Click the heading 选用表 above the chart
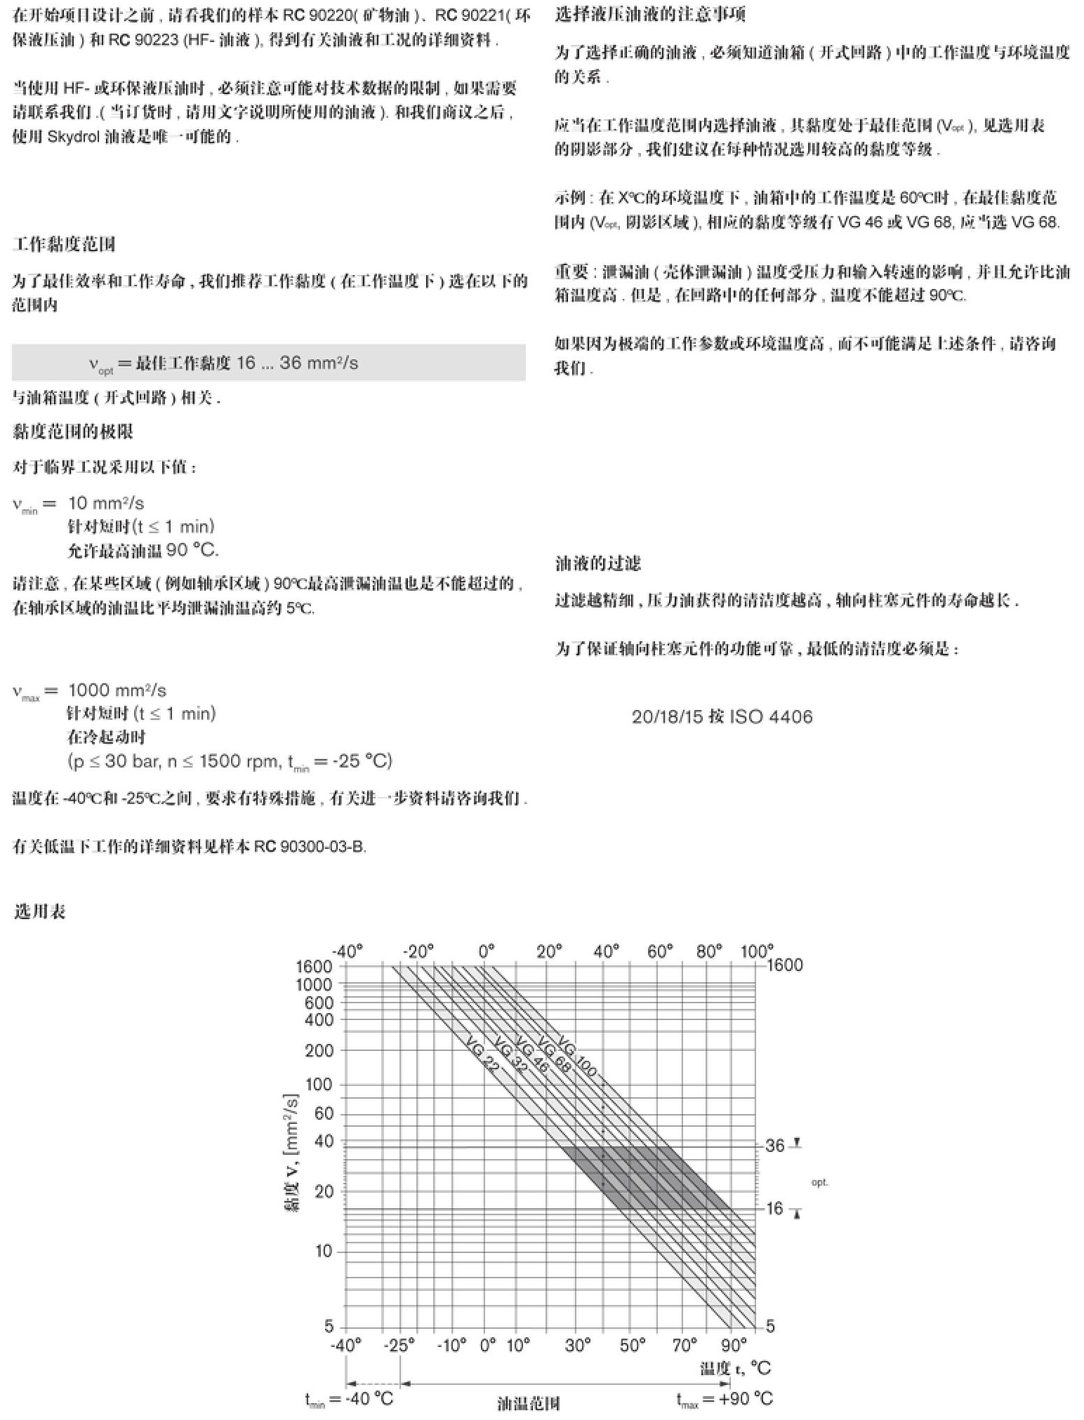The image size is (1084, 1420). pos(39,911)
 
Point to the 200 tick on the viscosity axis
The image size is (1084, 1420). pos(319,1050)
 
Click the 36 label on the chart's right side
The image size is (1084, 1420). pos(774,1146)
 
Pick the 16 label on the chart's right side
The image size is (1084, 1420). pos(774,1208)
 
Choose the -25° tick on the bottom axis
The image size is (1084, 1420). pos(399,1345)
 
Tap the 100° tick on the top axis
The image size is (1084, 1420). pos(757,951)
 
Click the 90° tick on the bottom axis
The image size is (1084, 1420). pos(734,1345)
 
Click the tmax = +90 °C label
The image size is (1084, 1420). pos(725,1399)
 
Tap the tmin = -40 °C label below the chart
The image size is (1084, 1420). pos(349,1399)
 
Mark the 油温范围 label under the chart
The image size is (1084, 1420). pos(528,1403)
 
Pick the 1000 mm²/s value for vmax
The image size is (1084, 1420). pos(117,690)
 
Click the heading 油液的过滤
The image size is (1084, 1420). pos(597,563)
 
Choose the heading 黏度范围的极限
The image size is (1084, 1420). pos(73,431)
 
